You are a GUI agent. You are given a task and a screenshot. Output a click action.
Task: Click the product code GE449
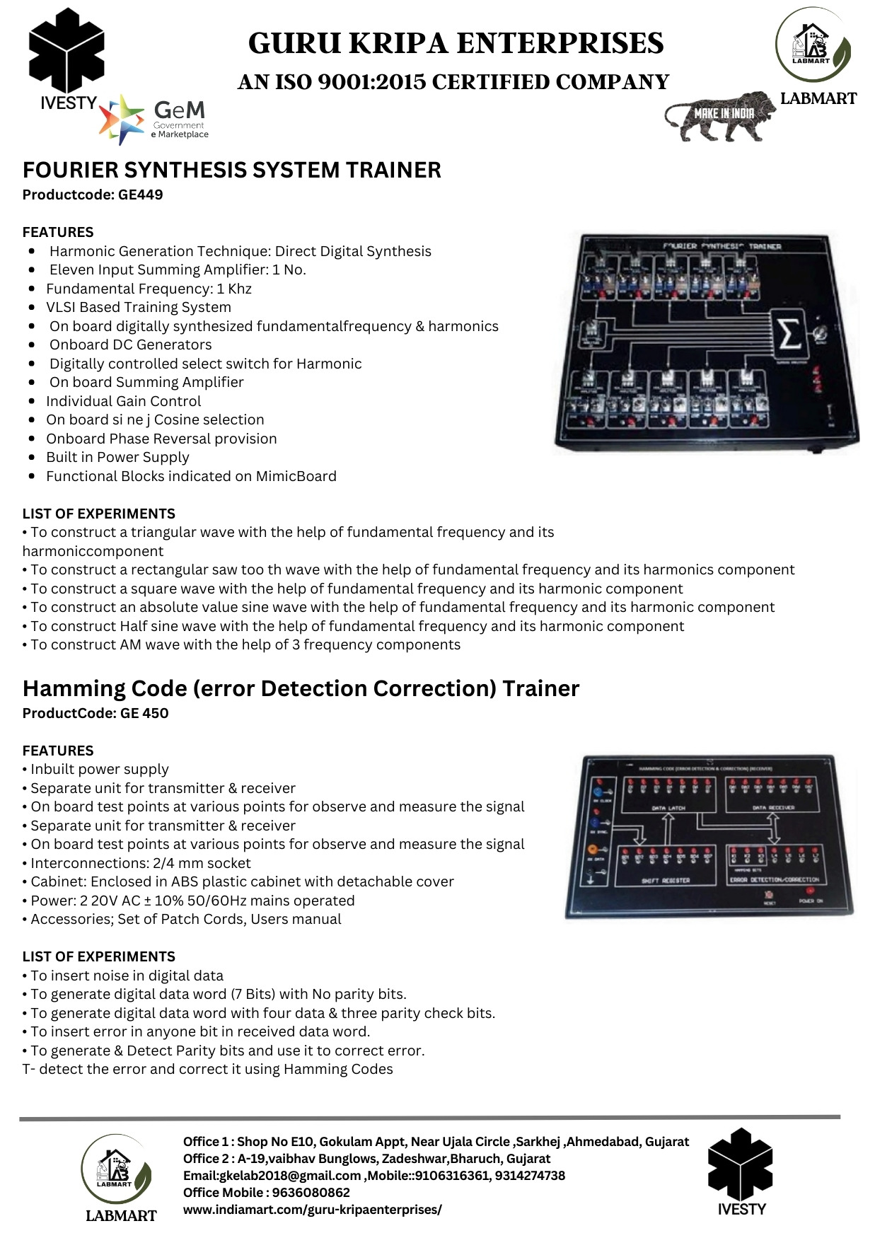click(140, 195)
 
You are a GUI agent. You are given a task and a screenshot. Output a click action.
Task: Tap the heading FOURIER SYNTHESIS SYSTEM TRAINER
click(232, 170)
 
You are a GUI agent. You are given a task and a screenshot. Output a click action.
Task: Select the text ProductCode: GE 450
click(95, 713)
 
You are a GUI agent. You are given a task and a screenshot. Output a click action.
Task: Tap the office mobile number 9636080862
click(311, 1193)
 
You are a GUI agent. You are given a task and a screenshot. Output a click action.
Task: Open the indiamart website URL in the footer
click(312, 1210)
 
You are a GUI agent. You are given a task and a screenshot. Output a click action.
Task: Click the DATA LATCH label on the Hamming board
click(668, 807)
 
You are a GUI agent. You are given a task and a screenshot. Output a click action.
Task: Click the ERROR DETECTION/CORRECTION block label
click(774, 880)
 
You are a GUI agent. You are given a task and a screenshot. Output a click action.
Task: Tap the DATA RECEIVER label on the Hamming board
click(772, 807)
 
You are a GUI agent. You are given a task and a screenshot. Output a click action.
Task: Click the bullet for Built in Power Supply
click(32, 458)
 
